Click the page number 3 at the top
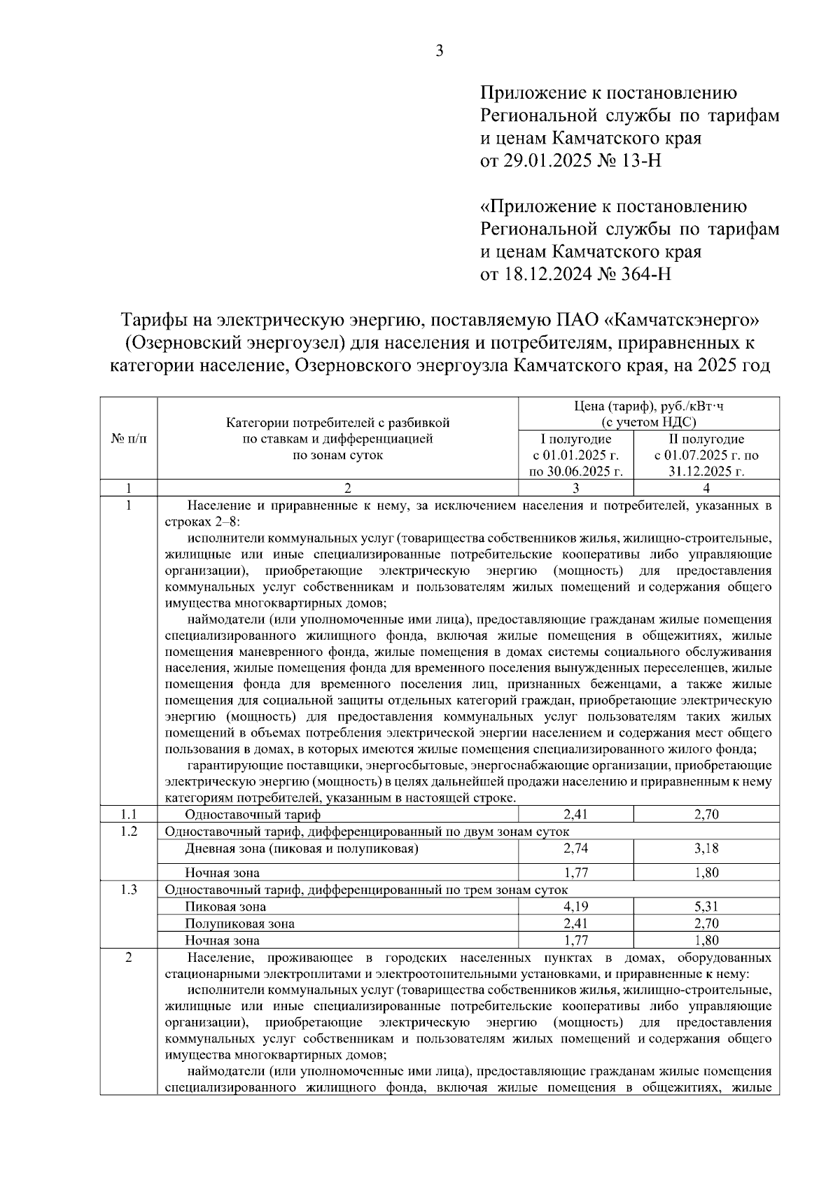tap(440, 50)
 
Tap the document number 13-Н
tap(638, 161)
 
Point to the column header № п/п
tap(129, 439)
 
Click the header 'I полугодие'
tap(576, 440)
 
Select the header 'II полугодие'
tap(706, 440)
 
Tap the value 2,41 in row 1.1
tap(576, 814)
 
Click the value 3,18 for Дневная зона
tap(706, 848)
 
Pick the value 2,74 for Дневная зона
tap(576, 848)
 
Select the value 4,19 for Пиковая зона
tap(576, 907)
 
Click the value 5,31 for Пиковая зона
tap(706, 907)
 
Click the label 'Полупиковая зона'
tap(239, 923)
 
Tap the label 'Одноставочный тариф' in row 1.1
tap(253, 814)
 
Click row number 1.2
tap(129, 831)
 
